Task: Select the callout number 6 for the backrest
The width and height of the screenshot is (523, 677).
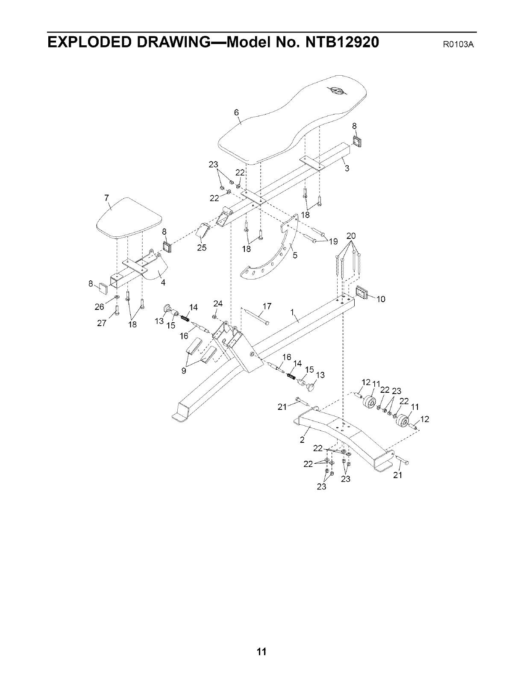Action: (236, 113)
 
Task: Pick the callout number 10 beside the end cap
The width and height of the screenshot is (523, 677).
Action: (381, 299)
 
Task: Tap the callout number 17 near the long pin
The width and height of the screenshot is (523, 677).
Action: (267, 306)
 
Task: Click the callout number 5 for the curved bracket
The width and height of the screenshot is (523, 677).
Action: (295, 256)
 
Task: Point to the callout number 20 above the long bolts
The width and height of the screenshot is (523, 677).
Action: (351, 236)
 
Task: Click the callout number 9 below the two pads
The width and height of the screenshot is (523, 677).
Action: (184, 371)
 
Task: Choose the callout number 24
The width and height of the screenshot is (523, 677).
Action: (218, 304)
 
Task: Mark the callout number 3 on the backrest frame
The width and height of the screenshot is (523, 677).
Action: (347, 168)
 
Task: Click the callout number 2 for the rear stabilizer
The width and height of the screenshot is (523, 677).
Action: (302, 440)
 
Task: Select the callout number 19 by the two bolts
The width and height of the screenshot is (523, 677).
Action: (333, 243)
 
